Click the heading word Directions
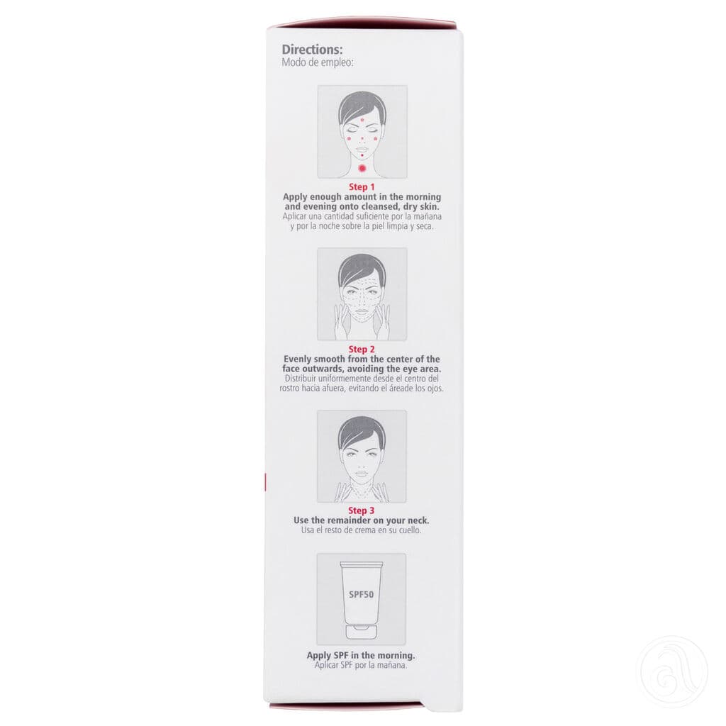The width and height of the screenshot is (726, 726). pos(312,50)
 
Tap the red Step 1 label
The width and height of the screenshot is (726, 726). pos(362,187)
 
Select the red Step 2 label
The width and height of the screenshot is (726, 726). pos(362,350)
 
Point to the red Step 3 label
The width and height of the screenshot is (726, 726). pos(362,510)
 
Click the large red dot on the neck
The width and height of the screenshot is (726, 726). pos(362,168)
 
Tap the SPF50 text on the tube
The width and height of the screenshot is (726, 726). pos(362,593)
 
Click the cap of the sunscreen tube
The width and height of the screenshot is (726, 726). pos(362,630)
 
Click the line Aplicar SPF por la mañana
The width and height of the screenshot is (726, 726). pos(362,666)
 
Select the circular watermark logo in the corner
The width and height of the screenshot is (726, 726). pos(674,671)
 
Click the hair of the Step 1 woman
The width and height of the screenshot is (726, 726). pos(362,105)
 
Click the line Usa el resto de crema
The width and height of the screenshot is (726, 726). pos(362,530)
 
